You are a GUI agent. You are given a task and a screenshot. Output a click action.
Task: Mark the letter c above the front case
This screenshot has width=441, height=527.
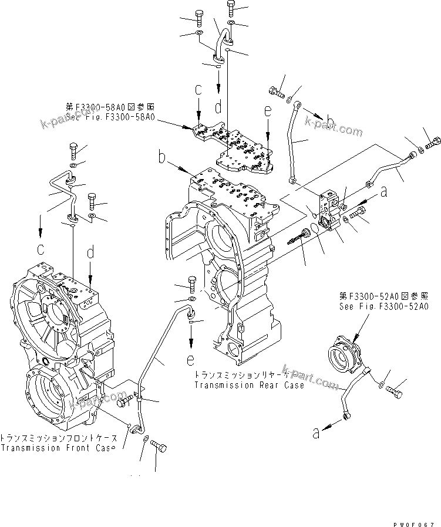pyautogui.click(x=41, y=249)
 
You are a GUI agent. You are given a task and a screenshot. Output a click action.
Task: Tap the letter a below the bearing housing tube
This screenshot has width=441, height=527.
pyautogui.click(x=317, y=434)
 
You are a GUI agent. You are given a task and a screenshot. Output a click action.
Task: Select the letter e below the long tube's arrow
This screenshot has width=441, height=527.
pyautogui.click(x=191, y=358)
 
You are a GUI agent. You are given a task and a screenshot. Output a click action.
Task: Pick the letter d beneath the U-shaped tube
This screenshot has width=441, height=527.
pyautogui.click(x=218, y=107)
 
